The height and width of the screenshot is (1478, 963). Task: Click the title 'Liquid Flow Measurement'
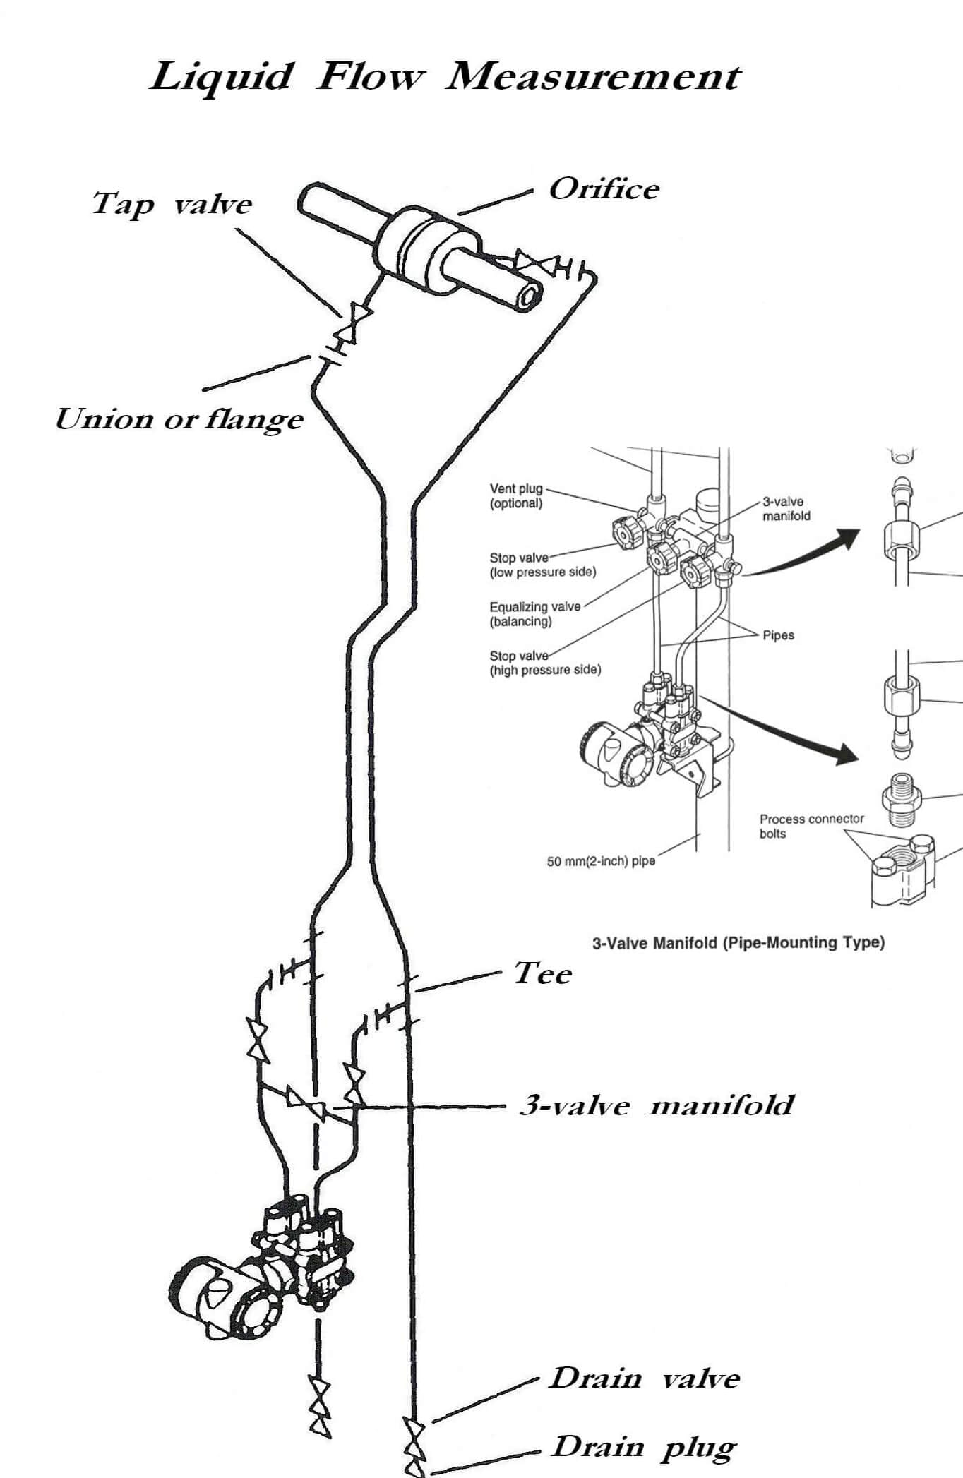(445, 76)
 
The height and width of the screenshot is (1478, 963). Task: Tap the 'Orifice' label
(604, 189)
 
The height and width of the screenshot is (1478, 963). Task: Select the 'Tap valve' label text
(172, 204)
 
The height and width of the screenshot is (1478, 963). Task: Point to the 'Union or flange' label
(179, 419)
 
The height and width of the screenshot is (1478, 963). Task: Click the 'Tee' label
(542, 973)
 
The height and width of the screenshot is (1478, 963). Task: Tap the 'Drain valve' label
(644, 1378)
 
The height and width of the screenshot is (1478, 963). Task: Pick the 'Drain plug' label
(643, 1446)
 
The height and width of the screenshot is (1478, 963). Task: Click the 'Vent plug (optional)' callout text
(517, 495)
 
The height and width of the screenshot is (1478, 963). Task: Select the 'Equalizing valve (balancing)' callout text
(534, 613)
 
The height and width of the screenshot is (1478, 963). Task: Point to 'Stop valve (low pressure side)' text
(542, 565)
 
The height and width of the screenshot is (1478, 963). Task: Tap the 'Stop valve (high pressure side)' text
(545, 663)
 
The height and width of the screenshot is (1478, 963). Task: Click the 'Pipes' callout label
(778, 635)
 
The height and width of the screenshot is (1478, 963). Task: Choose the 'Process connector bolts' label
(811, 826)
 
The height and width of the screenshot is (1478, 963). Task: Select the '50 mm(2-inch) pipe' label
(601, 861)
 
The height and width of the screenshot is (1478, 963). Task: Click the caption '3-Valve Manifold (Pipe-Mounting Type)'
(738, 942)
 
